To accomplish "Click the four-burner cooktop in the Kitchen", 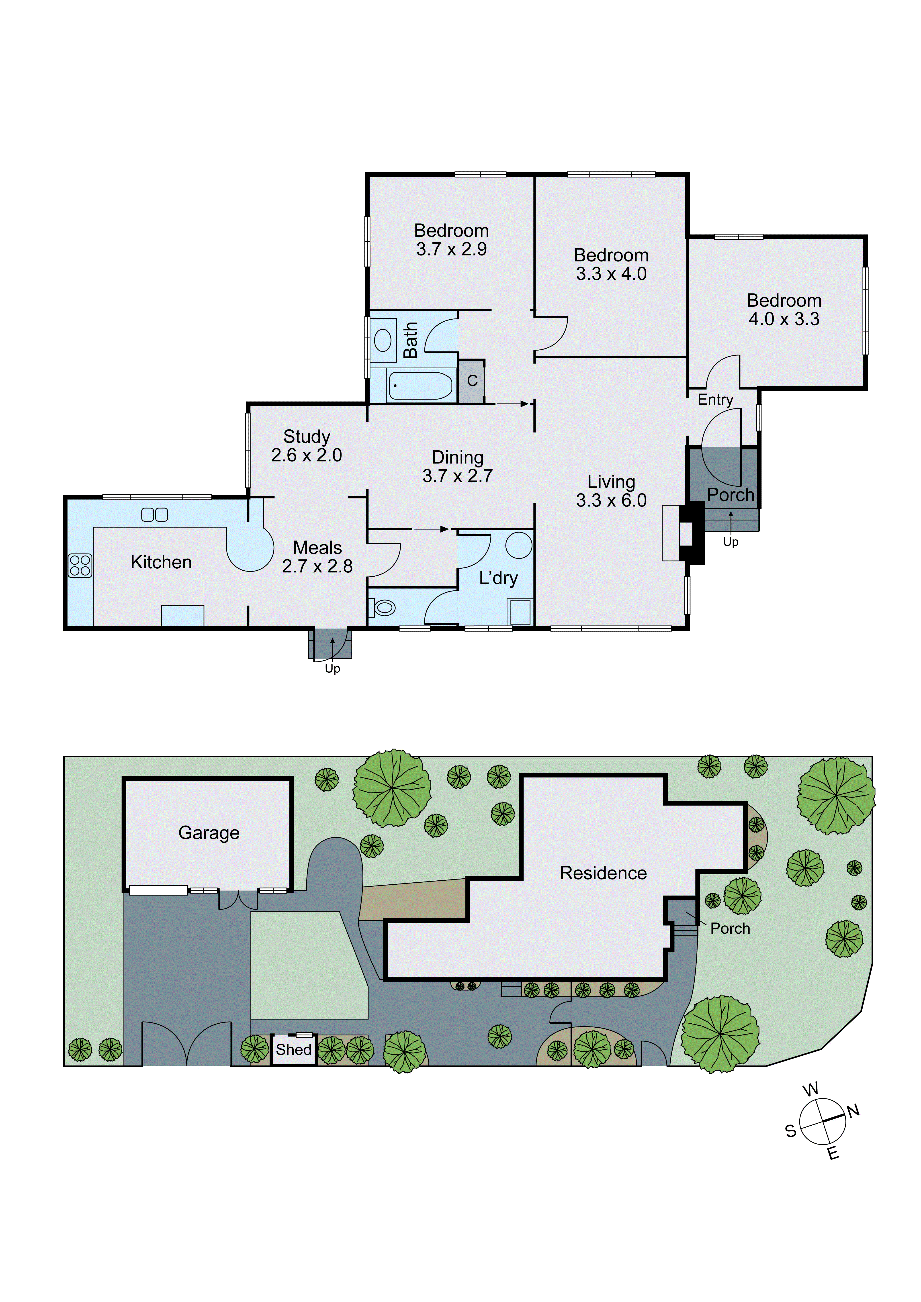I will pos(80,565).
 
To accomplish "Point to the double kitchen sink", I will pos(154,514).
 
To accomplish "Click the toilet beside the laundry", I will pos(383,608).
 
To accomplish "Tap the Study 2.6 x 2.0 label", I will pos(306,446).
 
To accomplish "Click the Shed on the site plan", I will pos(293,1050).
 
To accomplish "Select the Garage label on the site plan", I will pos(209,833).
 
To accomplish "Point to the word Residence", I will pos(603,873).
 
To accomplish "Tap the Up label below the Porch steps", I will pos(731,542).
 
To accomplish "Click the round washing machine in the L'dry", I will pos(518,545).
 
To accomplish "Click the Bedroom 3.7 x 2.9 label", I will pos(451,239).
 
